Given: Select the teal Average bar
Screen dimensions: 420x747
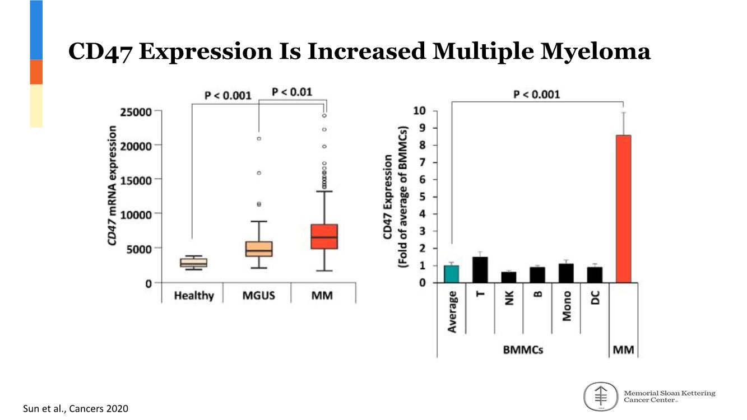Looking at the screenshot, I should pyautogui.click(x=452, y=274).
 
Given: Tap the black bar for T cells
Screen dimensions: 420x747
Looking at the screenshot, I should pyautogui.click(x=480, y=270).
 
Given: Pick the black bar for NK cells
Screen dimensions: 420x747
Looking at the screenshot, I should pyautogui.click(x=509, y=277).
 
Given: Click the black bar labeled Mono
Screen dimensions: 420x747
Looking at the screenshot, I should pyautogui.click(x=566, y=273).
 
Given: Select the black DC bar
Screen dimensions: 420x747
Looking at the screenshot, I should pyautogui.click(x=595, y=275).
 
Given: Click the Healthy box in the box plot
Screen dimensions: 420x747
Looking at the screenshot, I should pyautogui.click(x=193, y=263).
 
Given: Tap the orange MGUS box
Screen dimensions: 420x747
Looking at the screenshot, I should pyautogui.click(x=259, y=249).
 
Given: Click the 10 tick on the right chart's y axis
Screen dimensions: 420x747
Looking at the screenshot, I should pyautogui.click(x=420, y=111).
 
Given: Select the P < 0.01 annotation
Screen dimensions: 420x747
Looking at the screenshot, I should pyautogui.click(x=292, y=92).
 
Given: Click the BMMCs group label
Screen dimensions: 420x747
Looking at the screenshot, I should pyautogui.click(x=522, y=350).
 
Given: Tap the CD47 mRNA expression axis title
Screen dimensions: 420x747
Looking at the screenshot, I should pyautogui.click(x=113, y=185).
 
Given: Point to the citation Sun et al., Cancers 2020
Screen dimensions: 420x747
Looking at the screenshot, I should pyautogui.click(x=75, y=409).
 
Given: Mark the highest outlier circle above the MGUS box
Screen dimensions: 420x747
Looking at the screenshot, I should pyautogui.click(x=259, y=138).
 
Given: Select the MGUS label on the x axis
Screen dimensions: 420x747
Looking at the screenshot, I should pyautogui.click(x=258, y=295).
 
